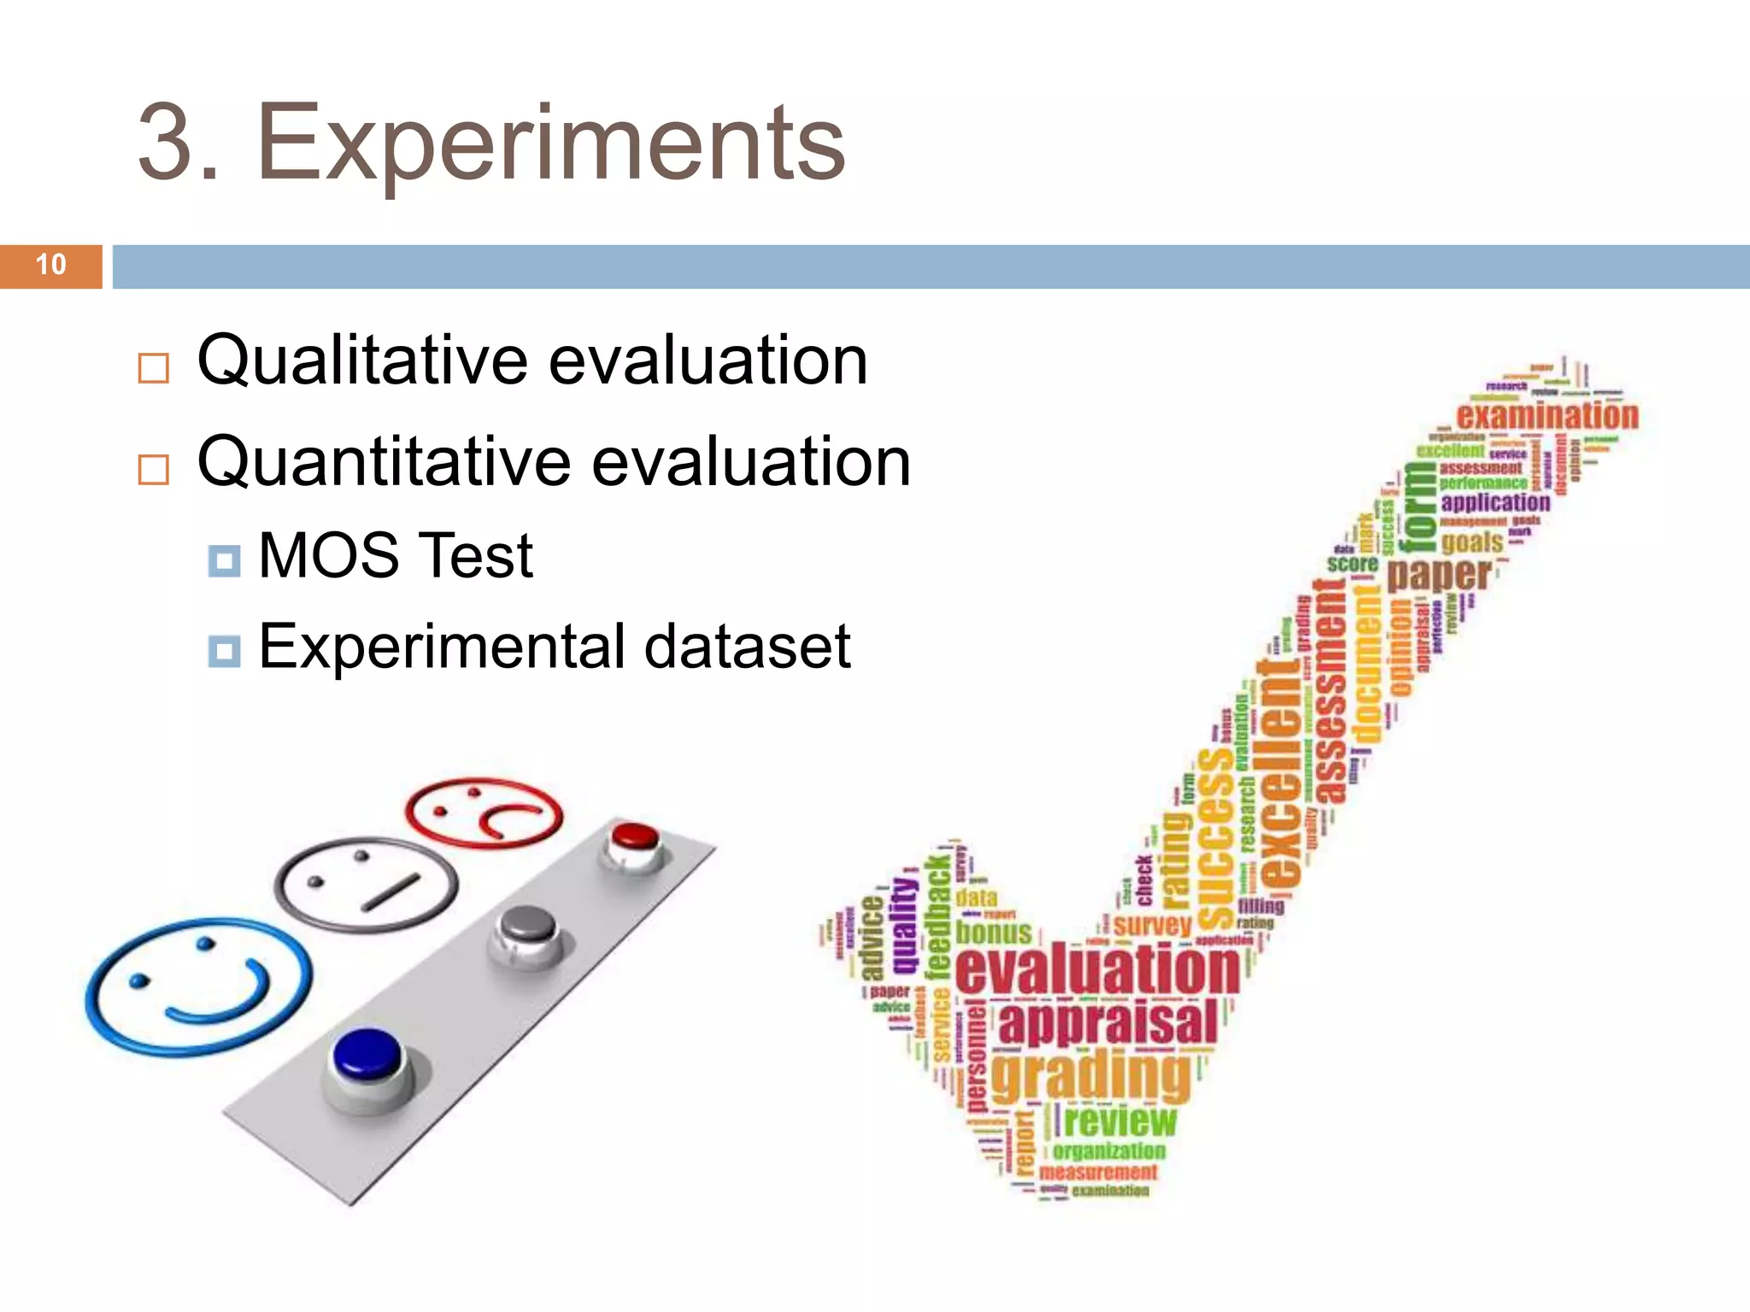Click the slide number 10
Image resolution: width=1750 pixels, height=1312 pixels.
(x=51, y=265)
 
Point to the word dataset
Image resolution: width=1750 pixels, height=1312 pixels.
(x=747, y=647)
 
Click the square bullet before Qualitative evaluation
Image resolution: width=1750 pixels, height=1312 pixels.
(x=154, y=368)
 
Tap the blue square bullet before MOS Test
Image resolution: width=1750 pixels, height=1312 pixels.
(x=224, y=561)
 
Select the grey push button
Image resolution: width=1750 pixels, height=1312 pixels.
(x=527, y=926)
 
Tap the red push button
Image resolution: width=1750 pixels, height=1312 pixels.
(x=634, y=835)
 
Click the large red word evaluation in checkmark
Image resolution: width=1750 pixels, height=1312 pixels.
(x=1097, y=969)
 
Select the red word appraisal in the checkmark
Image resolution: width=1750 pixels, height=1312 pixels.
(x=1107, y=1023)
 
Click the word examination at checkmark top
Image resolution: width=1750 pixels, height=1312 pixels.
(x=1547, y=416)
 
